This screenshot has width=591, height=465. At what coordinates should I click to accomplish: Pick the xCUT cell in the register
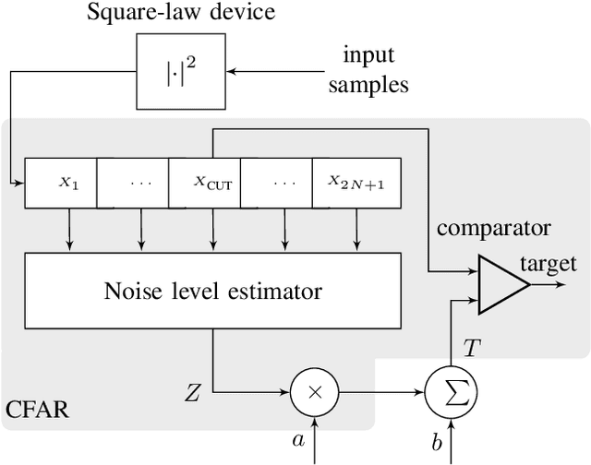[x=212, y=183]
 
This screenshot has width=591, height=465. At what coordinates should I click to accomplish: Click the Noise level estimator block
[x=212, y=292]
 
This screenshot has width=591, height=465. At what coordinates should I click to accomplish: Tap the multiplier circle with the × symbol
[x=315, y=392]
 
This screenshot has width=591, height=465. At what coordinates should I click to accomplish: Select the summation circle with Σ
[x=452, y=392]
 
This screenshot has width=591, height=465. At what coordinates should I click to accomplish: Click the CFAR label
[x=36, y=406]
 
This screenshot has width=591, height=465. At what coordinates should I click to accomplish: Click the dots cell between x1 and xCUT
[x=140, y=183]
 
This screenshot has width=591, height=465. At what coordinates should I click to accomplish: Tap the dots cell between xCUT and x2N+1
[x=284, y=183]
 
